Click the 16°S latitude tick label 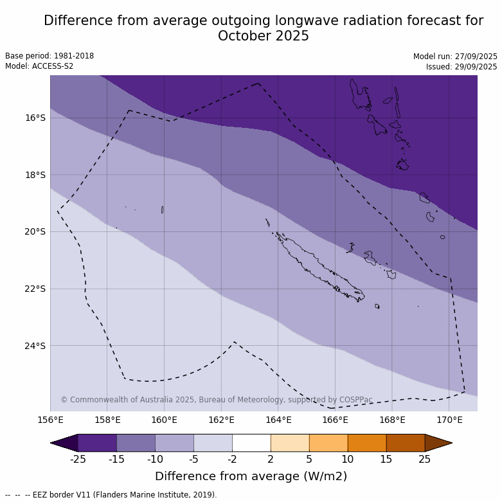(35, 118)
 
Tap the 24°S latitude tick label (35, 346)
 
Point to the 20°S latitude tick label (35, 231)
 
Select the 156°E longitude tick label (50, 420)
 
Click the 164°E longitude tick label (278, 420)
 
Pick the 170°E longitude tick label (449, 420)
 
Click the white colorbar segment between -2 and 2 (251, 443)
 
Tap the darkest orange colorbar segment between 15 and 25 (406, 443)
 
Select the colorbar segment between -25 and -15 (97, 443)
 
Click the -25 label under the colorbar (78, 459)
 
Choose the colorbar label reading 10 (348, 459)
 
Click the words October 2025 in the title (264, 36)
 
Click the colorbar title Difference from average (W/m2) (251, 476)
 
